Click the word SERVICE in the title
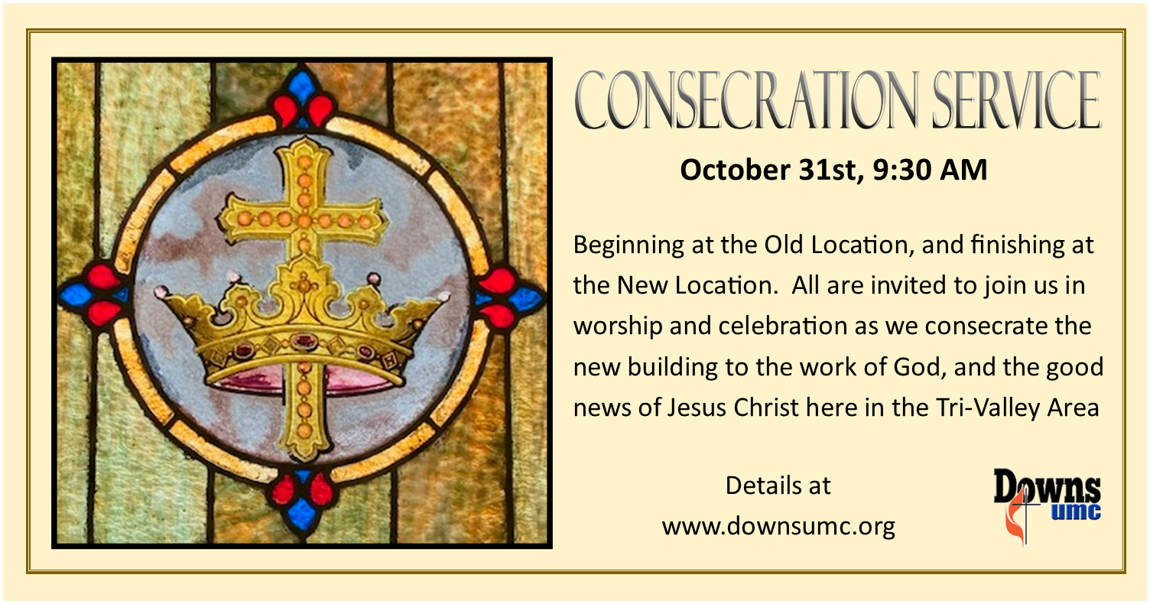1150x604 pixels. coord(1015,100)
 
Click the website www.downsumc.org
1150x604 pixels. coord(778,527)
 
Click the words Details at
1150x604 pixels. coord(778,485)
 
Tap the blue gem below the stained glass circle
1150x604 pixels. coord(303,513)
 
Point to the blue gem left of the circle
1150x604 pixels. coord(76,294)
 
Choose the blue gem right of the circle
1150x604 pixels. coord(528,298)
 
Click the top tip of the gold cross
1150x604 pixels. coord(304,145)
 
